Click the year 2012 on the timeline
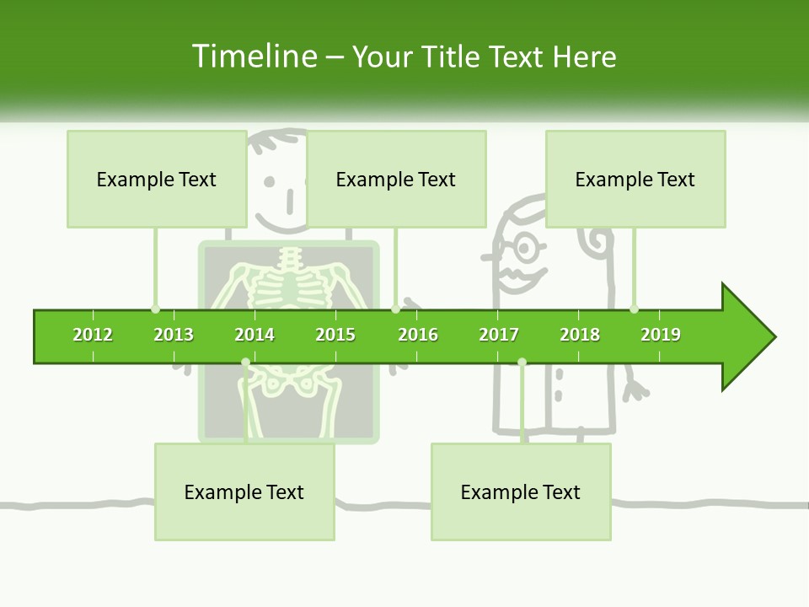pyautogui.click(x=93, y=335)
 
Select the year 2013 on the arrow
pyautogui.click(x=174, y=335)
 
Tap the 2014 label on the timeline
pyautogui.click(x=254, y=335)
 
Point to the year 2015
pyautogui.click(x=335, y=335)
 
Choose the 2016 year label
pyautogui.click(x=418, y=335)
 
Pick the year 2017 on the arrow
pyautogui.click(x=499, y=335)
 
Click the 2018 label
pyautogui.click(x=580, y=335)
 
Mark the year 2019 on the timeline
pyautogui.click(x=661, y=335)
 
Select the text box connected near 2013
pyautogui.click(x=157, y=179)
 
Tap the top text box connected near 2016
pyautogui.click(x=396, y=179)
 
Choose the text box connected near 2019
pyautogui.click(x=635, y=179)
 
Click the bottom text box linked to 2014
pyautogui.click(x=244, y=492)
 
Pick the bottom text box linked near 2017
pyautogui.click(x=521, y=492)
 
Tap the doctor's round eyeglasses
pyautogui.click(x=524, y=248)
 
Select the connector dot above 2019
pyautogui.click(x=634, y=309)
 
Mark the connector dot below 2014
pyautogui.click(x=245, y=363)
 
